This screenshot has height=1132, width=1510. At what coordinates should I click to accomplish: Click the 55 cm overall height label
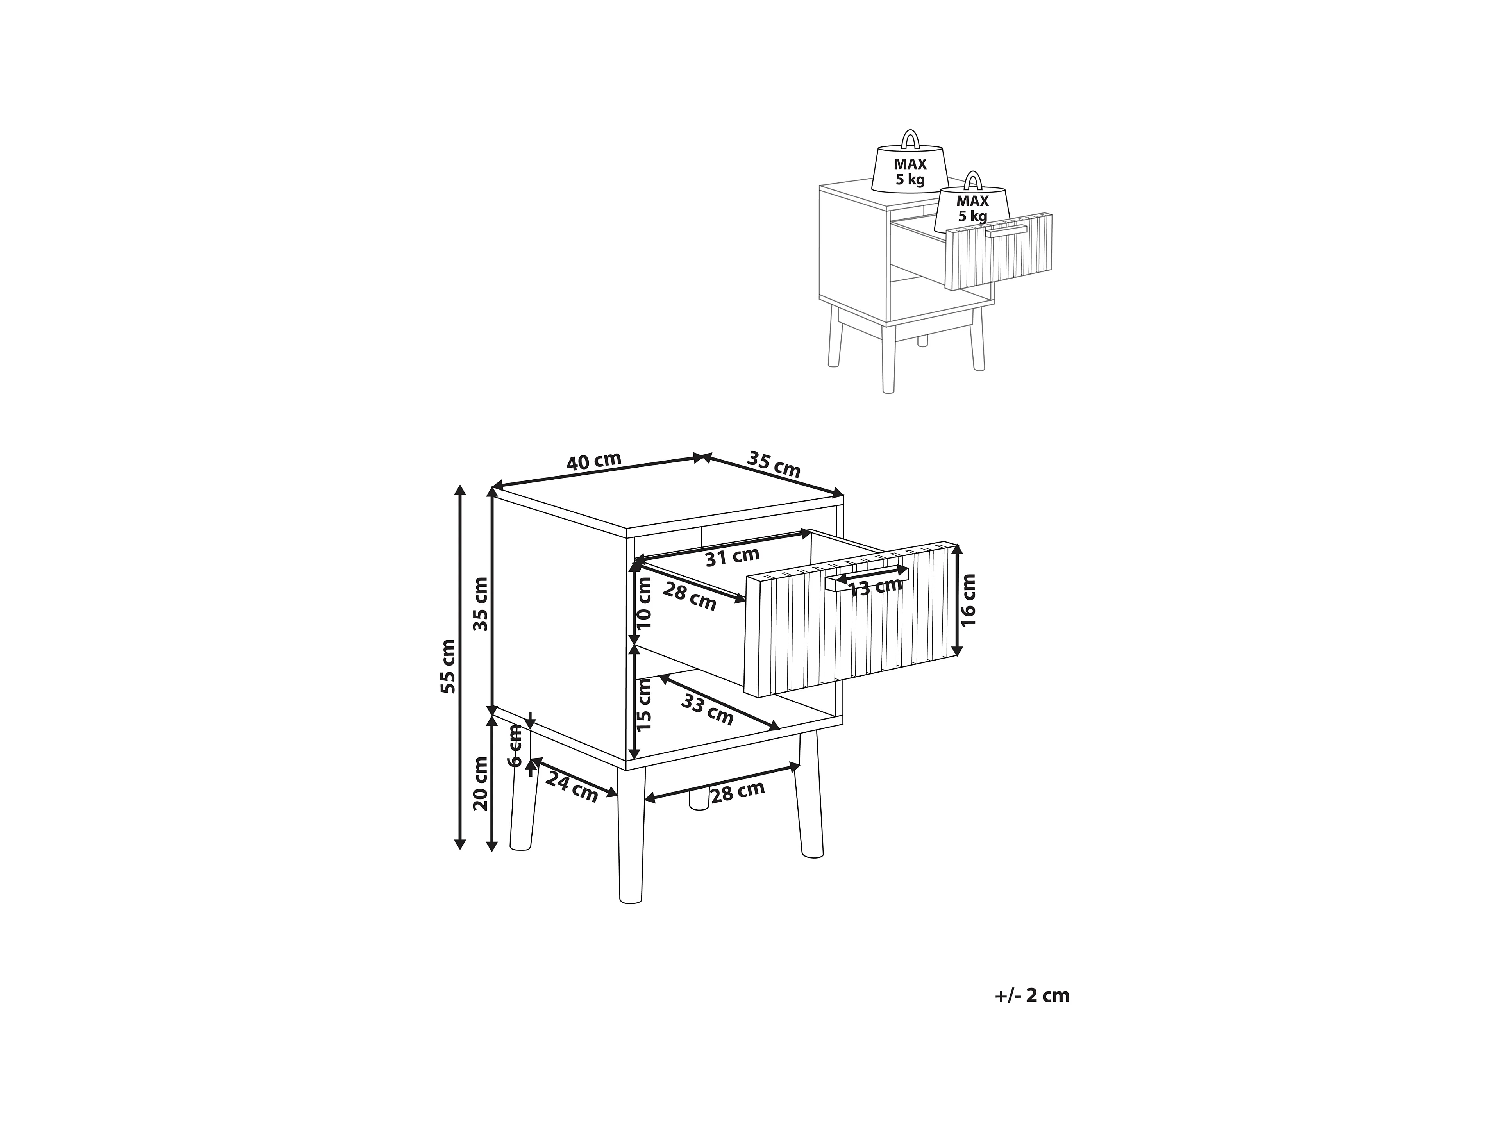pyautogui.click(x=448, y=666)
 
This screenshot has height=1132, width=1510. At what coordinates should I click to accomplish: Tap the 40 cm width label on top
pyautogui.click(x=594, y=461)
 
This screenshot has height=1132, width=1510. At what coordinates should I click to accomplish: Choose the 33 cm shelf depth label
pyautogui.click(x=707, y=710)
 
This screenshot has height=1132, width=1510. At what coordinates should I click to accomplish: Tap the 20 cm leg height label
pyautogui.click(x=481, y=783)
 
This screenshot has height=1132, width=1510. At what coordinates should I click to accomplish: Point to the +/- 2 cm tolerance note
pyautogui.click(x=1031, y=996)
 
